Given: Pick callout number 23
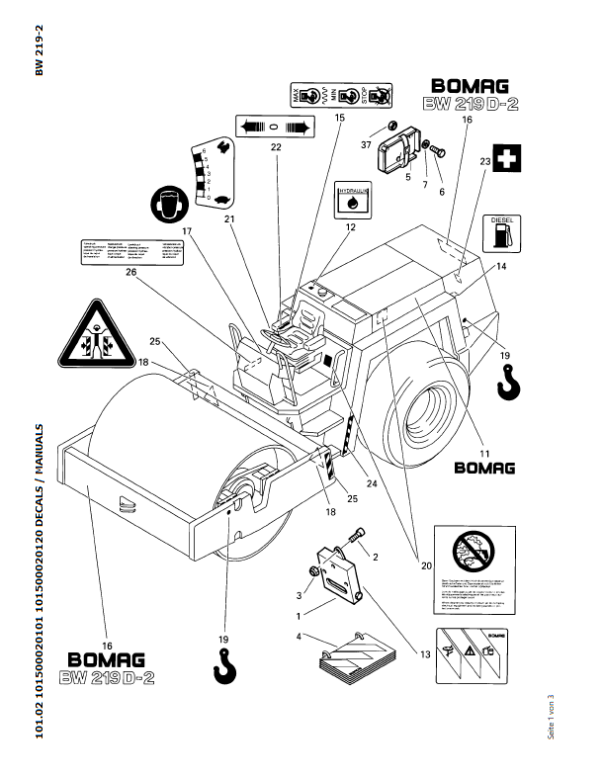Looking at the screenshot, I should pos(484,160).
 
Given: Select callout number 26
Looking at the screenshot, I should pos(129,275).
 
